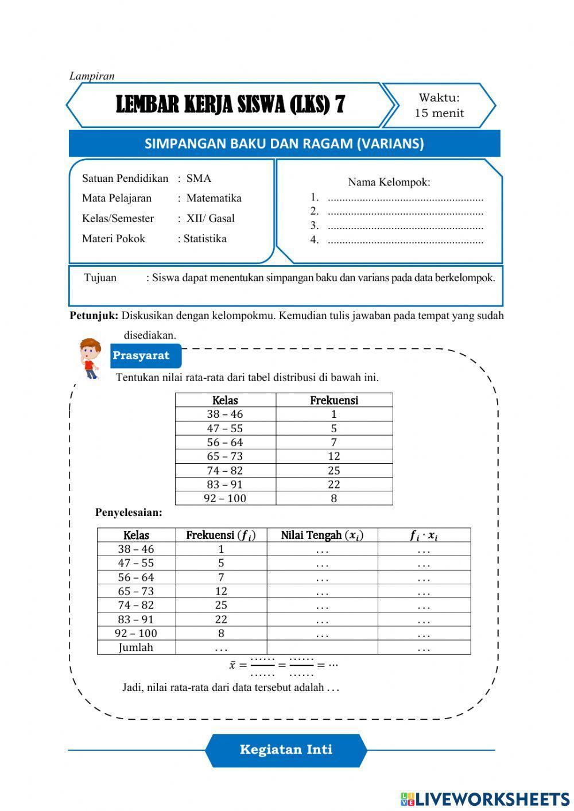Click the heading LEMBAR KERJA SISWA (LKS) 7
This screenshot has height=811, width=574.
230,105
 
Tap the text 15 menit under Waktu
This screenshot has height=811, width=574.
439,113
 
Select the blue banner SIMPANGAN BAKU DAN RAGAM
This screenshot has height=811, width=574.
284,143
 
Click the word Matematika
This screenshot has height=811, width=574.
214,198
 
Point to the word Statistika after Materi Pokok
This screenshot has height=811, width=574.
205,239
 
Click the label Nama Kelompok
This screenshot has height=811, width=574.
389,183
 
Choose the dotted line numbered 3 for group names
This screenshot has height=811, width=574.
405,226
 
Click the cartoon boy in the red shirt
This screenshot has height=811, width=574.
90,358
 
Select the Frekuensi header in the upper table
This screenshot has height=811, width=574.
333,400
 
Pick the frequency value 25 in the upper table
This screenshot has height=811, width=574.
333,471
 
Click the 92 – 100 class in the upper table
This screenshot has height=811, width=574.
225,498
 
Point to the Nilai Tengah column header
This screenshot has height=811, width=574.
321,536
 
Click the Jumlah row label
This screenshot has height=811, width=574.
136,647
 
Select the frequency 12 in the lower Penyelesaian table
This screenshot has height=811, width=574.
221,591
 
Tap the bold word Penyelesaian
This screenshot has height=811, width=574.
129,513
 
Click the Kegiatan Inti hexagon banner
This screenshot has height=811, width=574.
286,750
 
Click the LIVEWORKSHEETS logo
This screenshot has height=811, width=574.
485,799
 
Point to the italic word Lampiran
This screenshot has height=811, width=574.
92,76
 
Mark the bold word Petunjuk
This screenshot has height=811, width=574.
94,316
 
